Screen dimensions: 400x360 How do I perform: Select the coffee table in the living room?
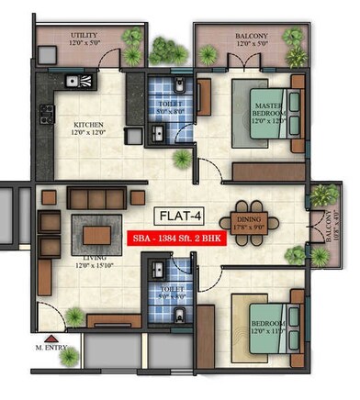96,235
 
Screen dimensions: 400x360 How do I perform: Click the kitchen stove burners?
45,115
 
